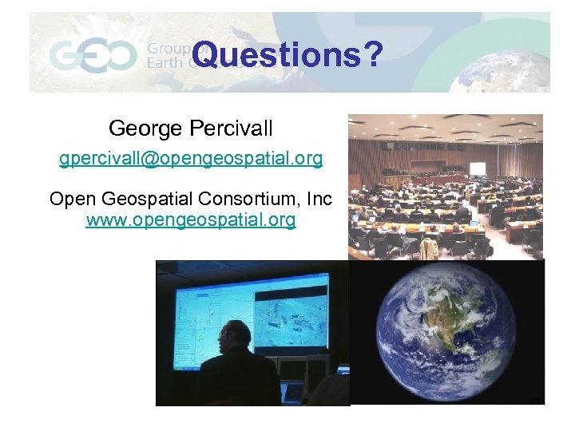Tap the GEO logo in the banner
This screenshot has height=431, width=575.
93,56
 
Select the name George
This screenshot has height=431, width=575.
144,128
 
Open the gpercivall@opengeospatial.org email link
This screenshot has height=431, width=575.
191,159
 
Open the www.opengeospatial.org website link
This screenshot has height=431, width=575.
191,219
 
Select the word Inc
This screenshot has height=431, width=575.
318,199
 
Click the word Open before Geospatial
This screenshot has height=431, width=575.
71,199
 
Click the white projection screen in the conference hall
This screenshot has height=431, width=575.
478,169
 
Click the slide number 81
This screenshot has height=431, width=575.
535,400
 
